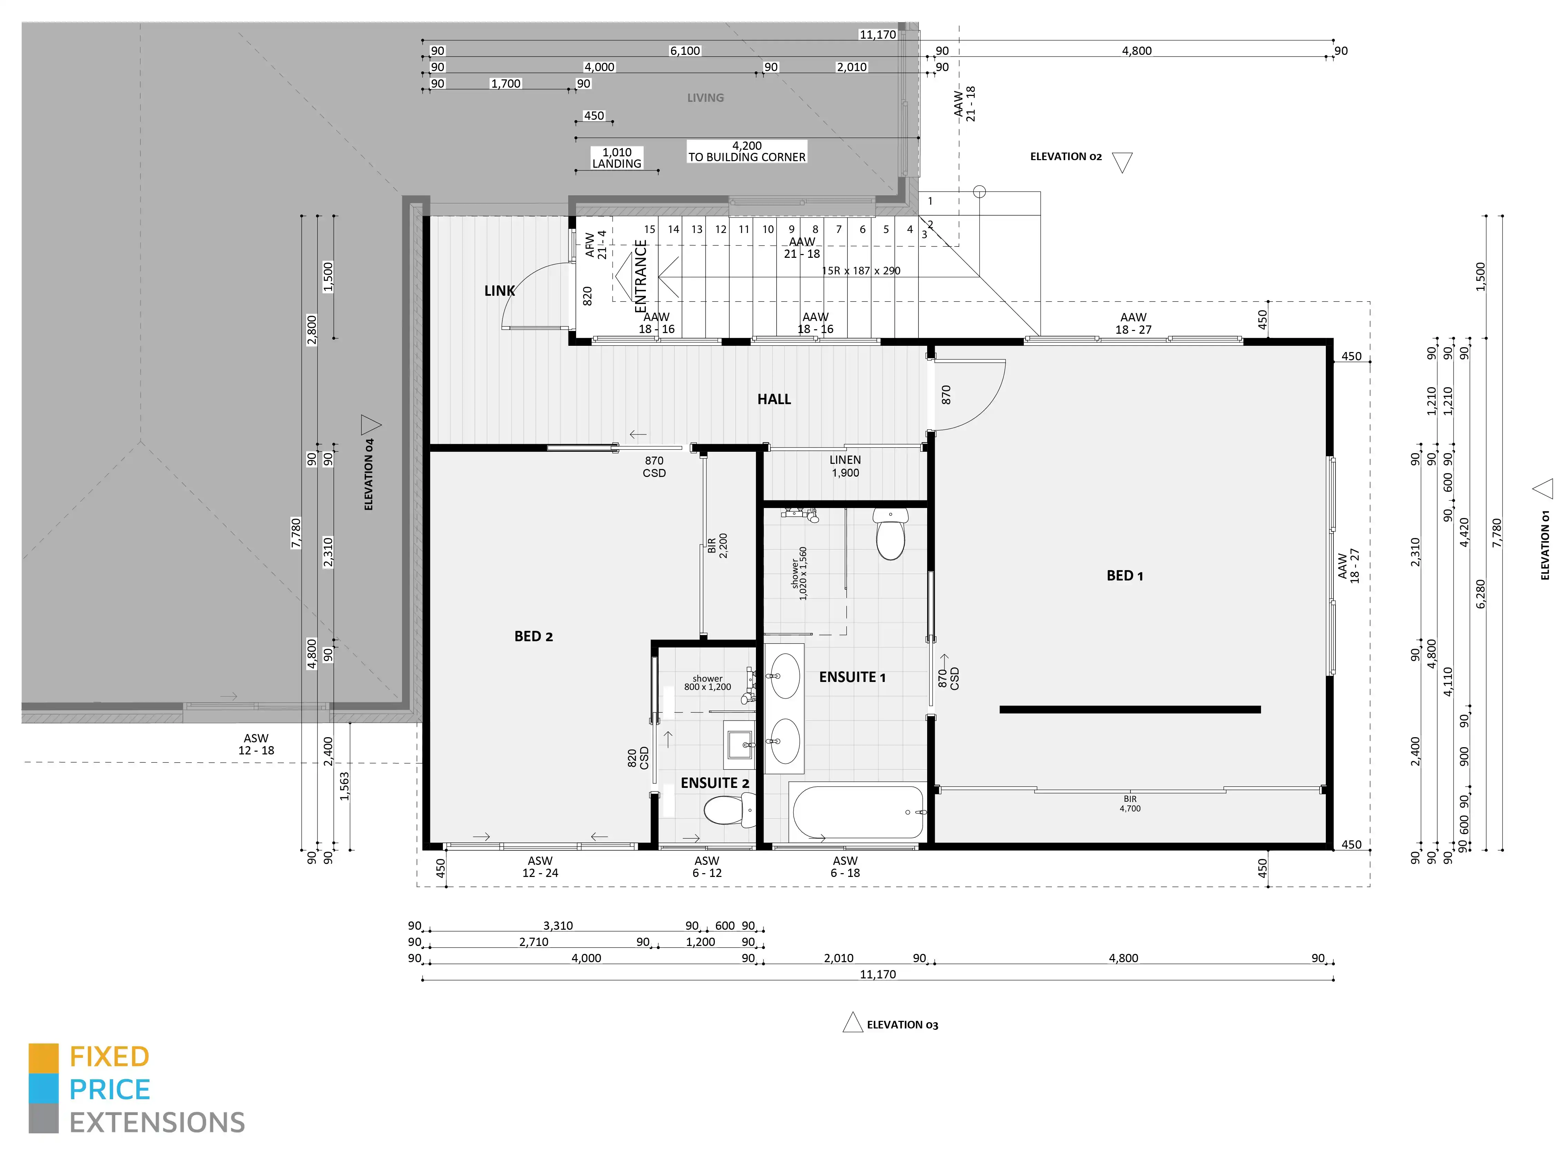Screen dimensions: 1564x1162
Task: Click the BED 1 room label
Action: (1124, 575)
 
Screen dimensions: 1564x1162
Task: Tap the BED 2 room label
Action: (533, 636)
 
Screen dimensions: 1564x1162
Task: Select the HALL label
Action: (774, 399)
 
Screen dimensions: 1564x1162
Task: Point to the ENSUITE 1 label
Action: (852, 677)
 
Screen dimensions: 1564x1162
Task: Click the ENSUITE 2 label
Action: (715, 783)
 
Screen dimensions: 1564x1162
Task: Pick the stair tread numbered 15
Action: (649, 229)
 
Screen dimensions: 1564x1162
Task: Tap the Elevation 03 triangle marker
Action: (853, 1023)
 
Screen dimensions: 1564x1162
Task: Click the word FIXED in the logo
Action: (109, 1056)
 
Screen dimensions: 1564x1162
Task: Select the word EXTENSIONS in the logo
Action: (157, 1123)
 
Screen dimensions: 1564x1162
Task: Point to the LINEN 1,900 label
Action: (845, 466)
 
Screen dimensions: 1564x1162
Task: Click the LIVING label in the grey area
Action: (705, 98)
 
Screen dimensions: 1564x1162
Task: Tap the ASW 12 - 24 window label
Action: (540, 867)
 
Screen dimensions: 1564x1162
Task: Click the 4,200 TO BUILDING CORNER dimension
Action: (747, 151)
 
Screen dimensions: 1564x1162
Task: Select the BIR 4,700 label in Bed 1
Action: (1130, 803)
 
